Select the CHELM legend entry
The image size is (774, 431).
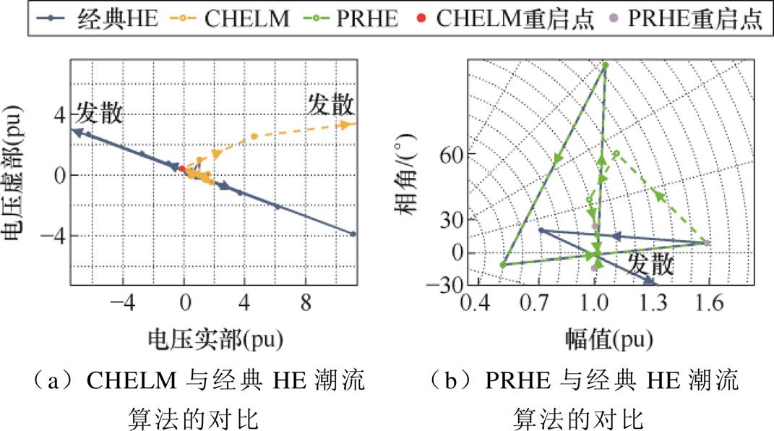pyautogui.click(x=228, y=18)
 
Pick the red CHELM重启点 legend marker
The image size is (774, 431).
pyautogui.click(x=431, y=18)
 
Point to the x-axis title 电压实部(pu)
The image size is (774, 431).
pyautogui.click(x=215, y=337)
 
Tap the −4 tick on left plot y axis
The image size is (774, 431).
pyautogui.click(x=58, y=235)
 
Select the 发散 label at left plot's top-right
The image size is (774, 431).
pyautogui.click(x=332, y=105)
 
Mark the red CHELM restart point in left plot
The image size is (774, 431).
pyautogui.click(x=181, y=168)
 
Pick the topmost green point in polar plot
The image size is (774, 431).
pyautogui.click(x=606, y=66)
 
